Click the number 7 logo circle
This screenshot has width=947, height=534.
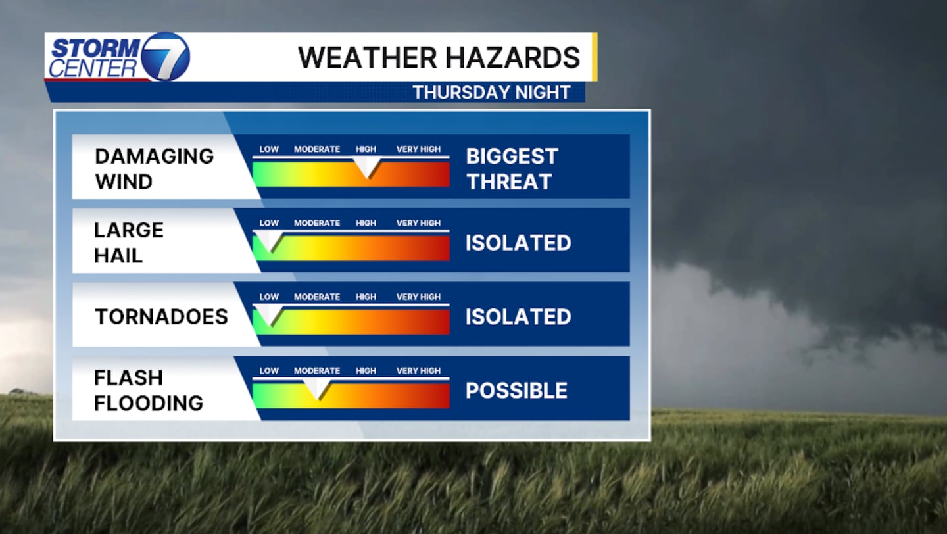point(165,57)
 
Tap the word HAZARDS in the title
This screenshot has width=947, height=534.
point(512,57)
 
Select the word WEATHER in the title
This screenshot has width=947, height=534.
point(367,57)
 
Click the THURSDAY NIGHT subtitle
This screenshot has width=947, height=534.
point(492,93)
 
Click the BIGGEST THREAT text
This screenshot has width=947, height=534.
point(512,169)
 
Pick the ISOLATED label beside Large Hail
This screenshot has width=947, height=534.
point(518,243)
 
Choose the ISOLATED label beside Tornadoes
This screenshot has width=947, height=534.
point(518,317)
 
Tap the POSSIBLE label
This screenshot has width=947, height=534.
point(516,391)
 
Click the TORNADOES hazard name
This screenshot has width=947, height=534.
point(162,317)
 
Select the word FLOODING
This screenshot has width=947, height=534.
point(149,403)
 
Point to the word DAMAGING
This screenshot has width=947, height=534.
point(155,157)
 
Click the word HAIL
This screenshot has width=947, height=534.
point(118,256)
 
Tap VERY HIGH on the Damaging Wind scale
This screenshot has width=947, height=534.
point(418,149)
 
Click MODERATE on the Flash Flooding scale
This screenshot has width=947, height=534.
point(317,371)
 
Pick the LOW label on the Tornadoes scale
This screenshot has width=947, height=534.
point(269,297)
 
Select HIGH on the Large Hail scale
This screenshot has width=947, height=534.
point(366,223)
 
